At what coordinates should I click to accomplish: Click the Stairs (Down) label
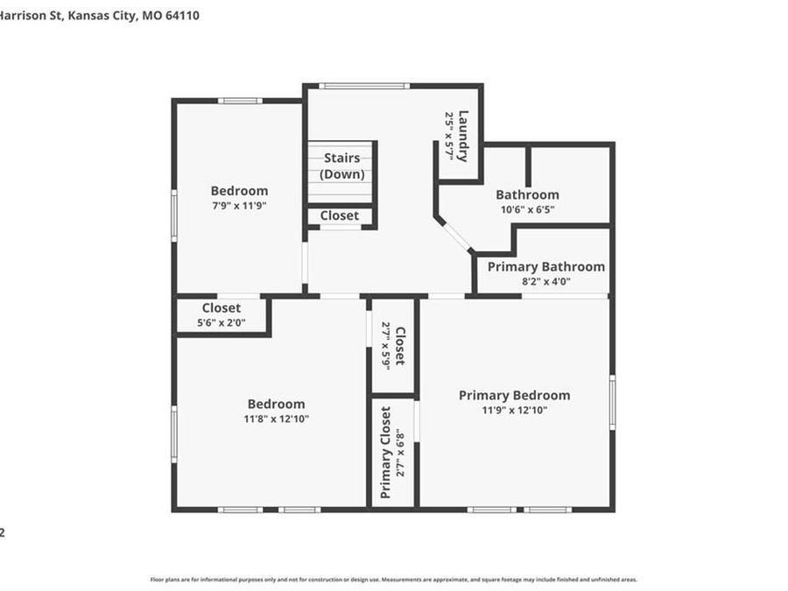pyautogui.click(x=341, y=165)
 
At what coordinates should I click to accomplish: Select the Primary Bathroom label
pyautogui.click(x=545, y=267)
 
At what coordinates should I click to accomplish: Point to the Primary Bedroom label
pyautogui.click(x=514, y=396)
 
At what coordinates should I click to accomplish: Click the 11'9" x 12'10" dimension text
pyautogui.click(x=514, y=410)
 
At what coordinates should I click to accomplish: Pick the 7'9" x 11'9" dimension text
pyautogui.click(x=239, y=206)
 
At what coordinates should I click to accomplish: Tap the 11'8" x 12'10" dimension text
pyautogui.click(x=276, y=419)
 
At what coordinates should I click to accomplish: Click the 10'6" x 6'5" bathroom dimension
pyautogui.click(x=527, y=209)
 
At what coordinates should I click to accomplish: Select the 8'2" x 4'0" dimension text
pyautogui.click(x=545, y=282)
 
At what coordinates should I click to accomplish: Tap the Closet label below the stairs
pyautogui.click(x=339, y=215)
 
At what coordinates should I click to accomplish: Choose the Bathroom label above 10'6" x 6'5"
pyautogui.click(x=527, y=194)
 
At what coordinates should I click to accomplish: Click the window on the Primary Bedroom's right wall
pyautogui.click(x=612, y=402)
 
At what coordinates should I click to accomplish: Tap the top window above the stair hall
pyautogui.click(x=363, y=86)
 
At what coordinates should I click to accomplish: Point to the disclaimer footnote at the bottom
pyautogui.click(x=393, y=580)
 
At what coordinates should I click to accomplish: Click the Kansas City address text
pyautogui.click(x=99, y=15)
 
